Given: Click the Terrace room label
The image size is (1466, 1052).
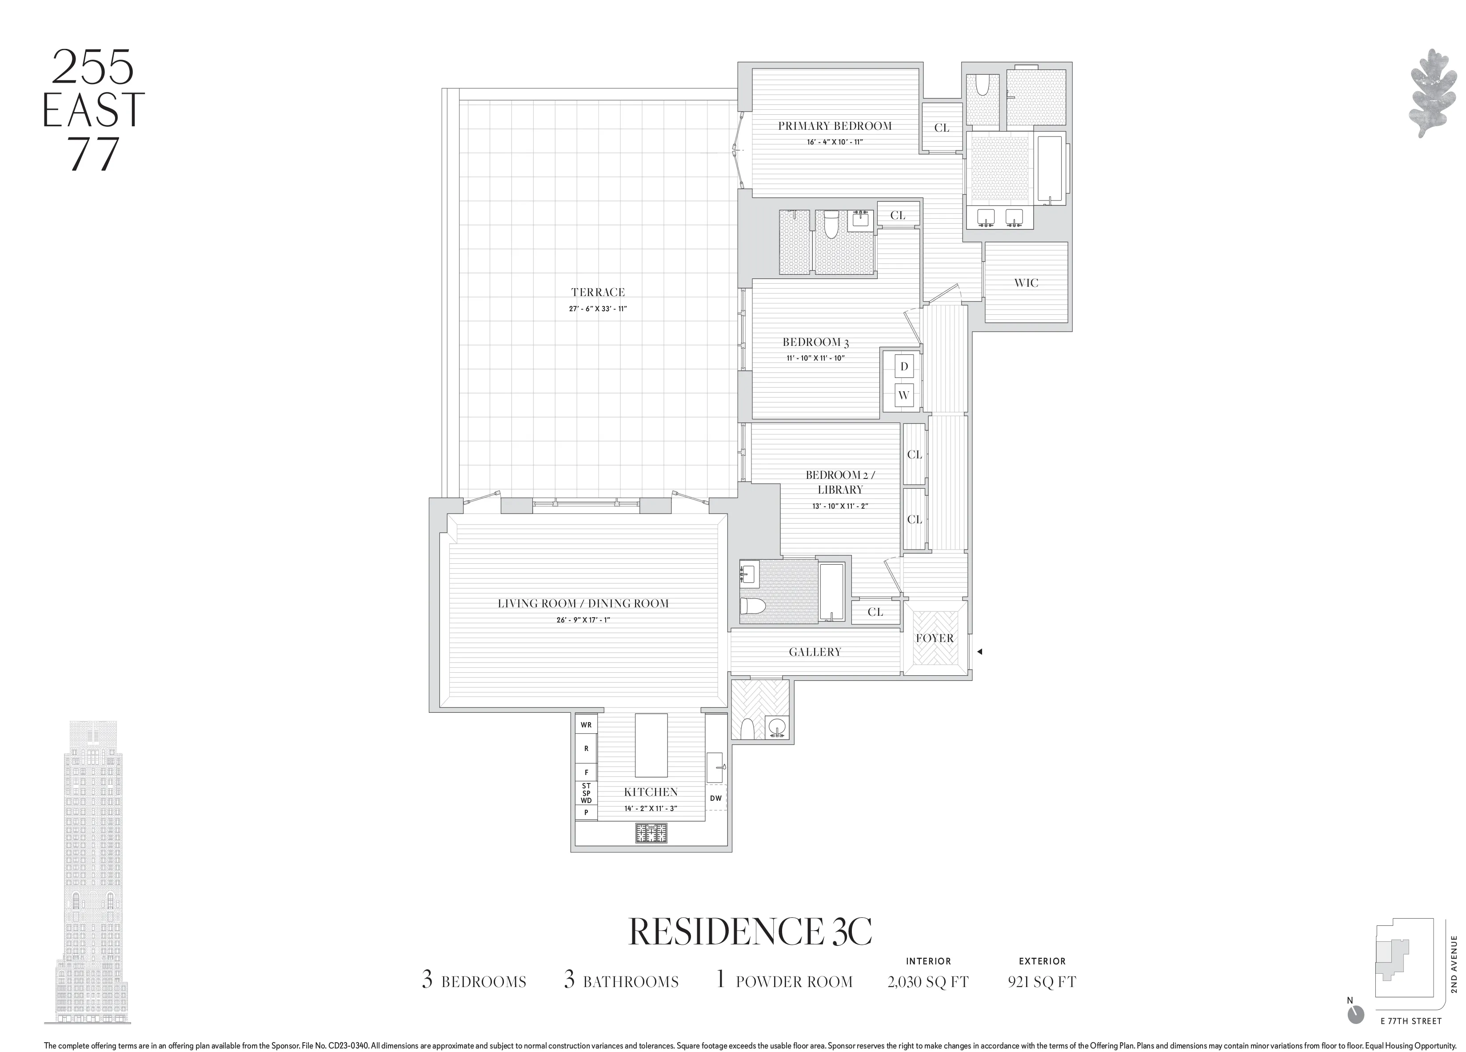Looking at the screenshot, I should [598, 292].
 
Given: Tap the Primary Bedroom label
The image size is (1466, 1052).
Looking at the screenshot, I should [835, 126].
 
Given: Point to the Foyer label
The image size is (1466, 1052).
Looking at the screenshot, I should [935, 638].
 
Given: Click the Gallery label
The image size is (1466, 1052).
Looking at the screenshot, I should [815, 652].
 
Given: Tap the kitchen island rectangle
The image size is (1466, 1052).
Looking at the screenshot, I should [651, 745].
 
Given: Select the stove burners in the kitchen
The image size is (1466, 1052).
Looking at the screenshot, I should [651, 833].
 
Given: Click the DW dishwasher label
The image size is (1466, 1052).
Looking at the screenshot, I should [715, 798].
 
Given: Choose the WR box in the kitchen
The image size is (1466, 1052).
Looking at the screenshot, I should [586, 725].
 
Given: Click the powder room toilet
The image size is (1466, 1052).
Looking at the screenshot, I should [746, 729].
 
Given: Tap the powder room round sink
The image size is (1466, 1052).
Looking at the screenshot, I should [776, 727].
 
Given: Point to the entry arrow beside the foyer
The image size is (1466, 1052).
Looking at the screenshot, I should [980, 652].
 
